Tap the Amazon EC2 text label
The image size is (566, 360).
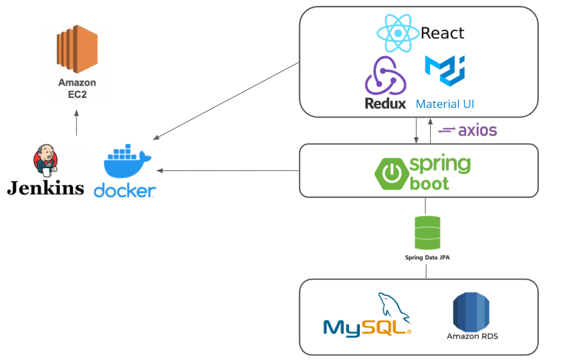pyautogui.click(x=77, y=88)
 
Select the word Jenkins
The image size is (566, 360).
pyautogui.click(x=46, y=187)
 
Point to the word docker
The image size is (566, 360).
pyautogui.click(x=125, y=190)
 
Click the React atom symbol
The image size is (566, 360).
pyautogui.click(x=398, y=33)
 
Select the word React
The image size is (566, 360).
pyautogui.click(x=442, y=34)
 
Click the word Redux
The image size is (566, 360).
pyautogui.click(x=386, y=103)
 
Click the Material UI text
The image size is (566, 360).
pyautogui.click(x=445, y=104)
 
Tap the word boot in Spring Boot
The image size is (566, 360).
pyautogui.click(x=430, y=183)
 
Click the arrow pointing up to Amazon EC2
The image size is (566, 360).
pyautogui.click(x=77, y=123)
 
